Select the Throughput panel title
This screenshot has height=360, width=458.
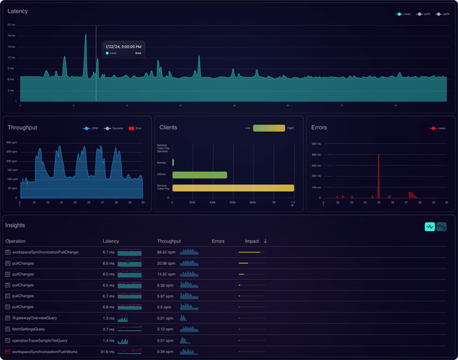tap(21, 128)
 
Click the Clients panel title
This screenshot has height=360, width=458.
tap(169, 128)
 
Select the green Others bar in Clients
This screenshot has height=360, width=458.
tap(200, 175)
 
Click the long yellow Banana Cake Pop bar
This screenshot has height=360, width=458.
tap(233, 188)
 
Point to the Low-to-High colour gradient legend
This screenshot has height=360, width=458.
tap(268, 128)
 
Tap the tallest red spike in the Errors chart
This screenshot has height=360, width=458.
tap(379, 175)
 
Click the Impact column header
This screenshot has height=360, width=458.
tap(252, 241)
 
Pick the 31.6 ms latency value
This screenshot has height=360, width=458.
tap(108, 352)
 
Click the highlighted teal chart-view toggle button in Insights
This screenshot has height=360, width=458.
tap(430, 227)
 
